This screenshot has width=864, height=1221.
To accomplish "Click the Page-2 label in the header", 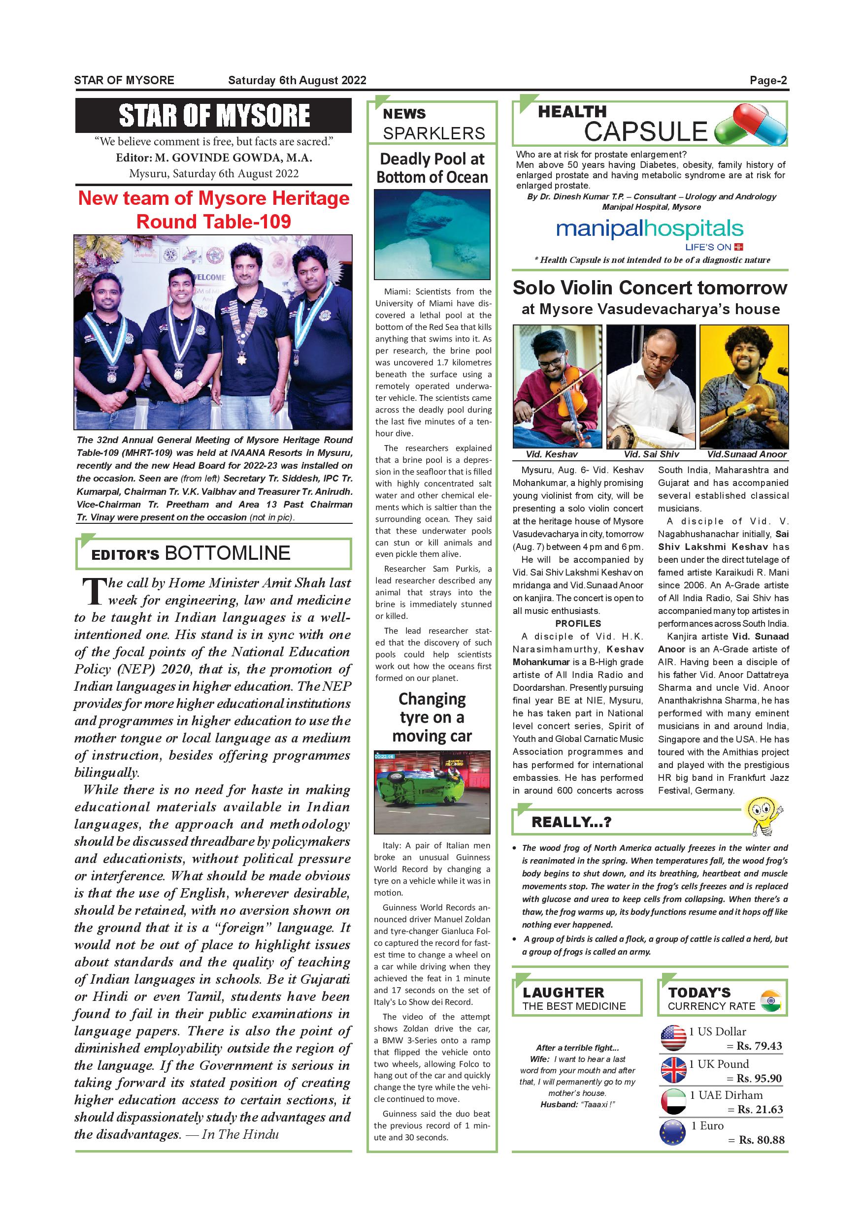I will click(768, 80).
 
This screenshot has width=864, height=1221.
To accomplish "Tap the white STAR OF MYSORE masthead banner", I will click(213, 115).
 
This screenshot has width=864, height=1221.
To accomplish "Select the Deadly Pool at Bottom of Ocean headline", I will click(432, 167).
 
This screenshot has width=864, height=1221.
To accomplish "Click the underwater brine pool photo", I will click(432, 234).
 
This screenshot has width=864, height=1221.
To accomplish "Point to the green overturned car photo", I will click(432, 791).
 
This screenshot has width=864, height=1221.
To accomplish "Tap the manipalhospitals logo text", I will click(649, 229).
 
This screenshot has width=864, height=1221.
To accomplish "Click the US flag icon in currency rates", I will click(673, 1037).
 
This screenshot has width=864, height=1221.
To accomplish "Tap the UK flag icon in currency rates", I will click(673, 1069).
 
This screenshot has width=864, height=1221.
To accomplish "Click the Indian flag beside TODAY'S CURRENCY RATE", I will click(770, 1000).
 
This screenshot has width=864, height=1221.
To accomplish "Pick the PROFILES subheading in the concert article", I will click(578, 623).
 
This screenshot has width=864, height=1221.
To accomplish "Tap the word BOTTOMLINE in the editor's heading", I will click(228, 553).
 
